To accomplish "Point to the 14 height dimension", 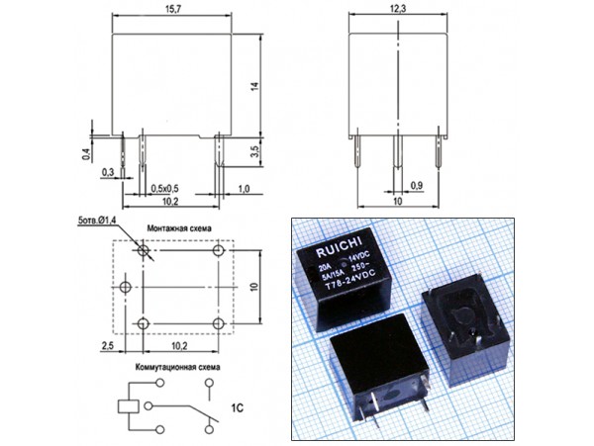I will [254, 86].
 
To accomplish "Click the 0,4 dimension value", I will [87, 153].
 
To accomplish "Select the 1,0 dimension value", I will [243, 188].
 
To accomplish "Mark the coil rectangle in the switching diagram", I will [128, 405].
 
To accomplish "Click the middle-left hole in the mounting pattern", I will [125, 287].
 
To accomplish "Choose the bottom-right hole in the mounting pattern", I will [218, 323].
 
